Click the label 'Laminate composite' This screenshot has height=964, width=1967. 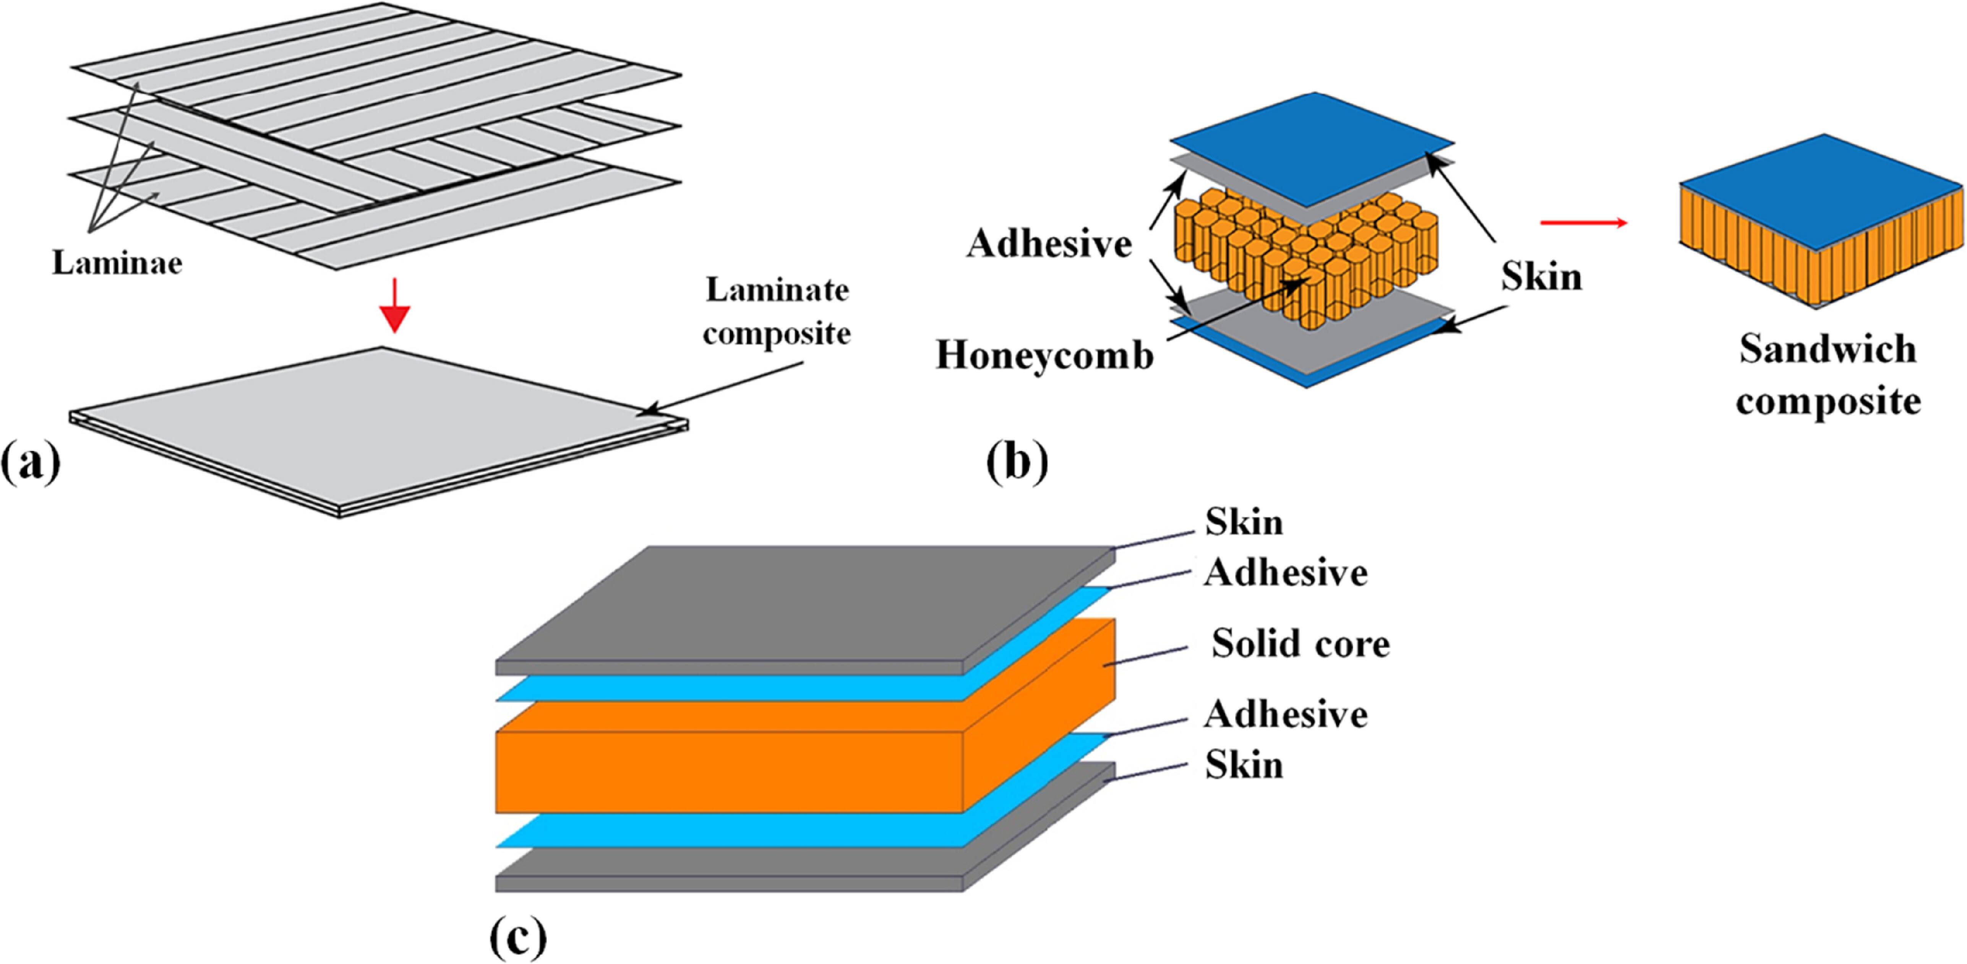tap(777, 311)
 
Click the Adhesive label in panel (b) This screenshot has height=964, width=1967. tap(1049, 244)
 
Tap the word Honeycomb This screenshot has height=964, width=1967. tap(1044, 355)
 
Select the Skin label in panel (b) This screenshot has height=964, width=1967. tap(1541, 276)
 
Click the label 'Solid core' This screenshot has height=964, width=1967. tap(1301, 643)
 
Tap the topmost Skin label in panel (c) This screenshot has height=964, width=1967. tap(1244, 523)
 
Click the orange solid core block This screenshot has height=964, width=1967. tap(729, 771)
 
